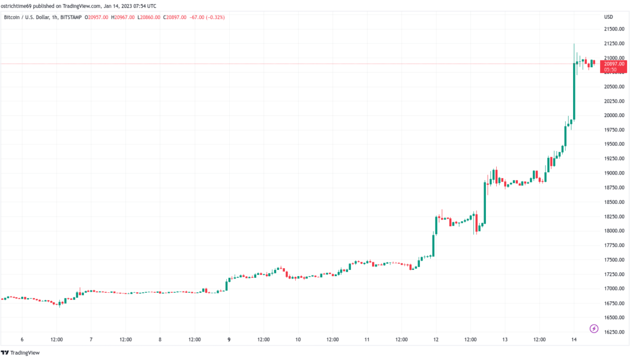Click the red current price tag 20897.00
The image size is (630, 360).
pos(614,64)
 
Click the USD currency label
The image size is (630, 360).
pos(608,17)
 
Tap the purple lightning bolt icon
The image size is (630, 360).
pos(594,328)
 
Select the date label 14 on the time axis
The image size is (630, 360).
pos(574,340)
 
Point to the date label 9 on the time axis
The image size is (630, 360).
pos(229,340)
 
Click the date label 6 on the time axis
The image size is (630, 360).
pos(22,340)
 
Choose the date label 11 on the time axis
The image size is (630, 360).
pos(367,340)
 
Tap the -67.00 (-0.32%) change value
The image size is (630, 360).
pos(206,17)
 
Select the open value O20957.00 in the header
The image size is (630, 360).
pos(97,17)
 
